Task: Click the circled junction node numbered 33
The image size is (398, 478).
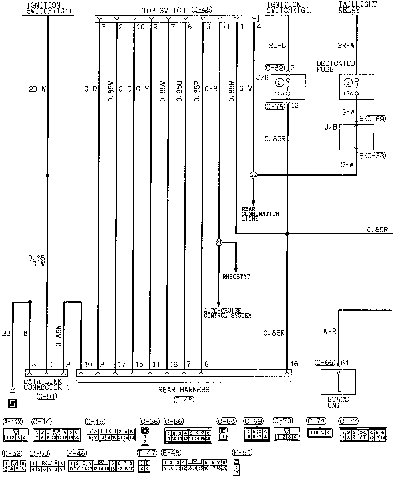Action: (x=253, y=175)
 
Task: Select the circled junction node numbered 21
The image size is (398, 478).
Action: (x=219, y=242)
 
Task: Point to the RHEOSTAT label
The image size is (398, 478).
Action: (x=236, y=277)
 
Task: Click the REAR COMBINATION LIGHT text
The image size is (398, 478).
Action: (x=260, y=214)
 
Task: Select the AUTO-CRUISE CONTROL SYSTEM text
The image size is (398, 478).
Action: (x=228, y=313)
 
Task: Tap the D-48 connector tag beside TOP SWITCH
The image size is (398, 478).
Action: (x=202, y=10)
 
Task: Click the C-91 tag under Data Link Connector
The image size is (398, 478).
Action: (x=47, y=396)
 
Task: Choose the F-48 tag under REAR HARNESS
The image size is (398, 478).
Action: (x=184, y=400)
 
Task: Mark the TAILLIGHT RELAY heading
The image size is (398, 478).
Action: (x=357, y=7)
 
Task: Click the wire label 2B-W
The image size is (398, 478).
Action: (x=37, y=89)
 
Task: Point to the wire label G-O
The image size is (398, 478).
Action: (x=125, y=89)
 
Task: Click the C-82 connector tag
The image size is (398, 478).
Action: (x=275, y=68)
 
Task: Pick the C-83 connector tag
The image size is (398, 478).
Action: (x=376, y=156)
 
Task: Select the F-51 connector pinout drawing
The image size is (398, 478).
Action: (x=237, y=467)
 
